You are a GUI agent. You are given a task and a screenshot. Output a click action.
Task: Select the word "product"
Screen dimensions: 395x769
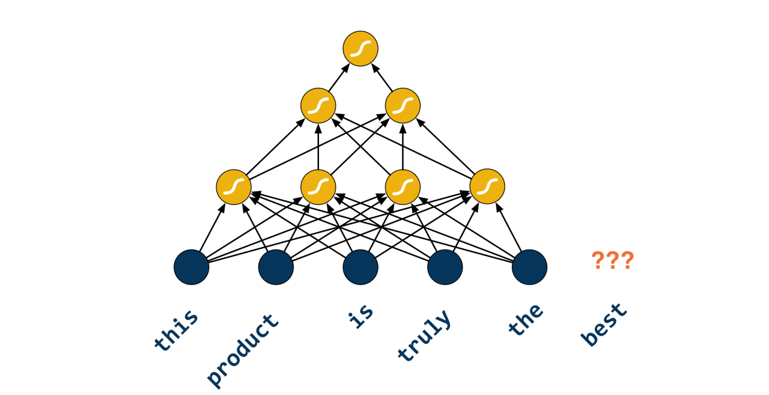tap(243, 349)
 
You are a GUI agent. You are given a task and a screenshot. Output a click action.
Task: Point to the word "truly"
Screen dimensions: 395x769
tap(424, 335)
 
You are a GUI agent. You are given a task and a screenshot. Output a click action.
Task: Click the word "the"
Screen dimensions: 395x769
tap(525, 319)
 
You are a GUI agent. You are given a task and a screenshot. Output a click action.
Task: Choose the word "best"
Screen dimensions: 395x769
tap(604, 325)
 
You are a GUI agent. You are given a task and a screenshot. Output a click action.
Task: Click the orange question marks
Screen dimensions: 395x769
tap(612, 261)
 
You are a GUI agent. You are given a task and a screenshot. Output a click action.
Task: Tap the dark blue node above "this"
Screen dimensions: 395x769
tap(192, 267)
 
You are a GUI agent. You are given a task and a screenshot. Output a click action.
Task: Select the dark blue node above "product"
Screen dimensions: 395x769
tap(276, 267)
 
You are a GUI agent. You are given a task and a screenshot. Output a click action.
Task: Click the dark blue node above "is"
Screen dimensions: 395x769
tap(360, 267)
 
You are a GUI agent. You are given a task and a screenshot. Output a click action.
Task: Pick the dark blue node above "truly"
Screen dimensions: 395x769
tap(445, 267)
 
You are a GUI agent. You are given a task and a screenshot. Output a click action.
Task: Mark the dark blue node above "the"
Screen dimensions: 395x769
tap(529, 267)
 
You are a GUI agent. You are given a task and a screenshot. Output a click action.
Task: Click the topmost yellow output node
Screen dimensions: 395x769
tap(360, 49)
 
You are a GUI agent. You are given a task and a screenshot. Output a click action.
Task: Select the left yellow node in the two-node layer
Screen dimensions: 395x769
tap(318, 106)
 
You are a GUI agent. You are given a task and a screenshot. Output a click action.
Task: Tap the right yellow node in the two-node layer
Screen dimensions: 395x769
tap(403, 106)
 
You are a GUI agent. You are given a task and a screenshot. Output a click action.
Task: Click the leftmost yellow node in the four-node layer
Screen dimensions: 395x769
tap(234, 186)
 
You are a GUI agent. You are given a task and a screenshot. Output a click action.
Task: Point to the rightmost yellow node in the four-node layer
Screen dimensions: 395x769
tap(487, 186)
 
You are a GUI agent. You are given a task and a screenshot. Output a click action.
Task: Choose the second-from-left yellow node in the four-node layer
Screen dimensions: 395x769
tap(318, 186)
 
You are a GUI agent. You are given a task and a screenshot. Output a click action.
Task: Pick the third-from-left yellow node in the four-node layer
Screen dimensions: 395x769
tap(403, 186)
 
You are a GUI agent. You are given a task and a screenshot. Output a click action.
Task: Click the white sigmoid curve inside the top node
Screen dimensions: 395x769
tap(360, 49)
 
